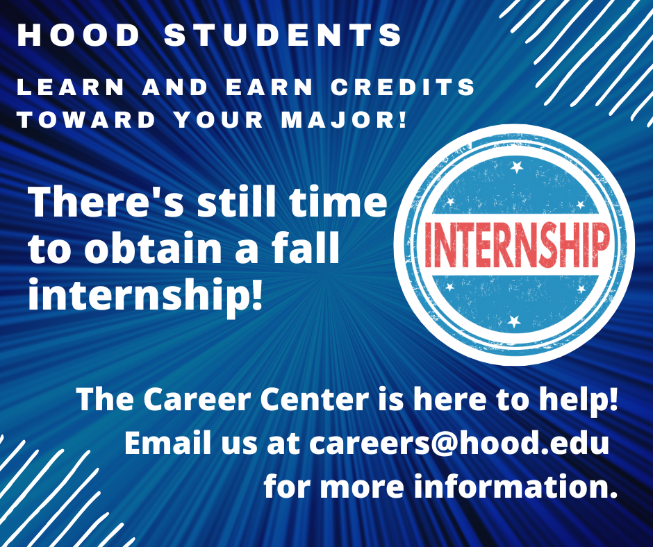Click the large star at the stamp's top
coord(516,167)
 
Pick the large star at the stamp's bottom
coord(514,320)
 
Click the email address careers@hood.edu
coord(459,444)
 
